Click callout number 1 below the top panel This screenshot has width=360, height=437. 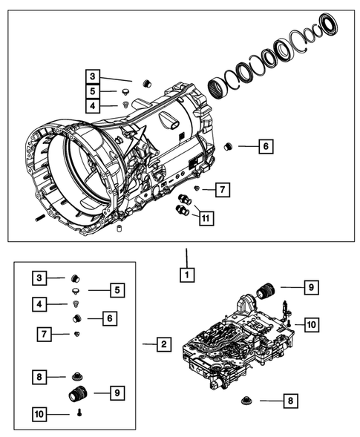189,275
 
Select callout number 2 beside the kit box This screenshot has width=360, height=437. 163,344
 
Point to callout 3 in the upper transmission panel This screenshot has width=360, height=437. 91,76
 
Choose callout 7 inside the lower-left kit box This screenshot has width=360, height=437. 45,335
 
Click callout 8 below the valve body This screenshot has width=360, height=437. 291,401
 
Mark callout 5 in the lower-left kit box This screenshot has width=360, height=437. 115,289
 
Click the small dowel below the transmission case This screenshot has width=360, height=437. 117,237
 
